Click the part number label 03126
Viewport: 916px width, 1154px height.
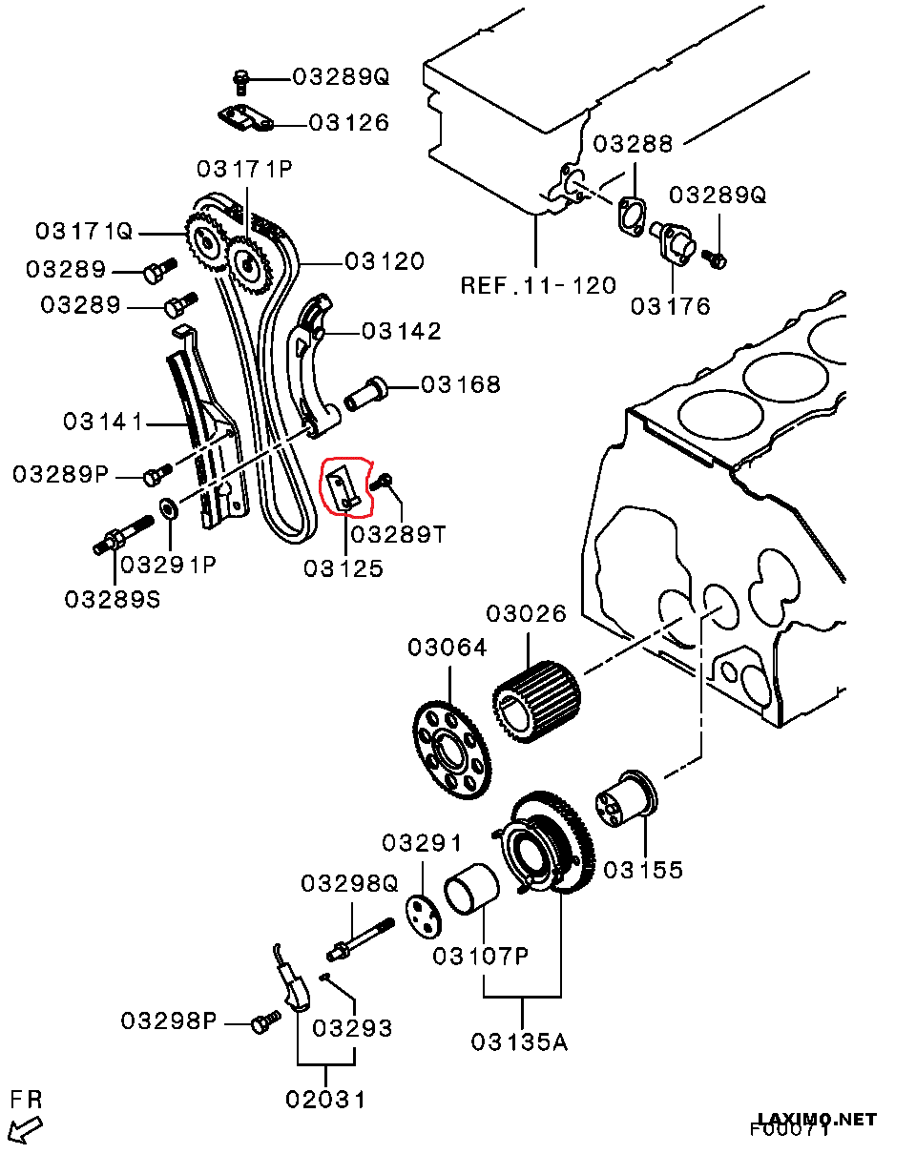click(x=348, y=123)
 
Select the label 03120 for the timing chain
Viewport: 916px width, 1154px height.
click(x=385, y=260)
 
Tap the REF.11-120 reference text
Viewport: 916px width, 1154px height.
click(x=537, y=284)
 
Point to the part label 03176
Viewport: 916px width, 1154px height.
click(x=670, y=306)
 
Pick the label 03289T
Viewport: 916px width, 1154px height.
click(x=398, y=534)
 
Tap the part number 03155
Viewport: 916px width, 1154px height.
click(x=643, y=870)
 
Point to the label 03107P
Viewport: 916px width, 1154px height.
click(x=480, y=956)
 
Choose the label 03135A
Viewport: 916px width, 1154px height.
click(x=519, y=1041)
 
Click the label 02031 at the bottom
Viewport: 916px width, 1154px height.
click(x=325, y=1099)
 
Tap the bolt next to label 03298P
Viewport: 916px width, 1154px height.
click(x=264, y=1023)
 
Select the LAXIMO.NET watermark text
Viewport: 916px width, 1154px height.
click(x=816, y=1120)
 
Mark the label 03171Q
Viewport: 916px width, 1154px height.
click(x=84, y=232)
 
